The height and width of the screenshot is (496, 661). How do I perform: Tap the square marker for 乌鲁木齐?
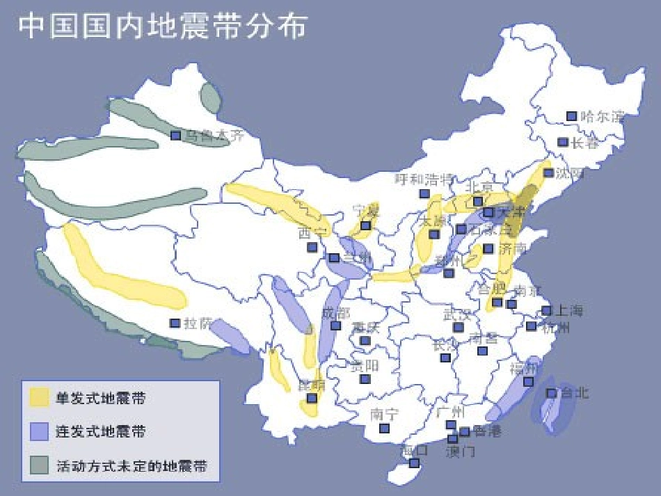click(176, 135)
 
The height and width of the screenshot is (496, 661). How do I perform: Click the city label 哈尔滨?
click(602, 116)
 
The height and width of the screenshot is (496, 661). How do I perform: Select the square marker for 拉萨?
click(175, 323)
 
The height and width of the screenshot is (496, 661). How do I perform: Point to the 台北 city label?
click(574, 393)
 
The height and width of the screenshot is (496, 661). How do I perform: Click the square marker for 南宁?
click(384, 428)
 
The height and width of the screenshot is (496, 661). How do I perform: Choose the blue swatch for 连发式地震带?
click(39, 431)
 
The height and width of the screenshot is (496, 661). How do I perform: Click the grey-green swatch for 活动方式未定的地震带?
click(39, 465)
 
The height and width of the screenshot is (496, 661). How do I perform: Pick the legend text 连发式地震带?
click(100, 431)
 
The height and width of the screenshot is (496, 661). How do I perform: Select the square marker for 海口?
click(414, 463)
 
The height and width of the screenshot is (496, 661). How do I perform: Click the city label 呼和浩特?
click(424, 179)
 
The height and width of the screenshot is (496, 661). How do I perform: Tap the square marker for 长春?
click(563, 142)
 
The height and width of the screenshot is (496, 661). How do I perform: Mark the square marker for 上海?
click(546, 310)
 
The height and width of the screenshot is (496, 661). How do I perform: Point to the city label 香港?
click(487, 431)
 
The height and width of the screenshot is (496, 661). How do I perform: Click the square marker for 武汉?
click(458, 327)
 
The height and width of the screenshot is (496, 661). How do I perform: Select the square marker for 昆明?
click(312, 398)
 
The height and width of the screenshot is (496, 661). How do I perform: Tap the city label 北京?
click(479, 187)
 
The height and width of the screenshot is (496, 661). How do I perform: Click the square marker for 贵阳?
click(365, 378)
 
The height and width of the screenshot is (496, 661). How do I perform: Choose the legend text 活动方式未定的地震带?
click(132, 465)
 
